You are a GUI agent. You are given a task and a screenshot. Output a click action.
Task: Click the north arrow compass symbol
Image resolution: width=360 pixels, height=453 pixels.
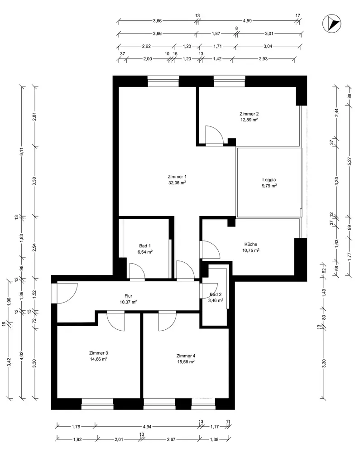coord(332,24)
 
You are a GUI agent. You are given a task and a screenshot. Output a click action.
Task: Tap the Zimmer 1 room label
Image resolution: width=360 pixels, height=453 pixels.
coord(177,177)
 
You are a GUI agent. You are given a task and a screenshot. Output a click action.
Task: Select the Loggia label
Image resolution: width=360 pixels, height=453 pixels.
coord(269,180)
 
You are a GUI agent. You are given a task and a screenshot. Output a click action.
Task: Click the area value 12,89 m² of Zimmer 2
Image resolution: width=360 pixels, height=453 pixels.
coord(249,120)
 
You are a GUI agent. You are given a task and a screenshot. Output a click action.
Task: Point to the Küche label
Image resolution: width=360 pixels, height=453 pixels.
coord(250,244)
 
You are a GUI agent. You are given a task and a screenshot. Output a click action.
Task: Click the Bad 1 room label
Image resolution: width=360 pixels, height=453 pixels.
coord(145,246)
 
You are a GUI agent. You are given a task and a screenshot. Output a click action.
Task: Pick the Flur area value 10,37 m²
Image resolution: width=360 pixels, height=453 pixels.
coord(128,302)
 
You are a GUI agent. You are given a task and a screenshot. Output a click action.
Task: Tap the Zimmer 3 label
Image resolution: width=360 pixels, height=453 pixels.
coord(98,353)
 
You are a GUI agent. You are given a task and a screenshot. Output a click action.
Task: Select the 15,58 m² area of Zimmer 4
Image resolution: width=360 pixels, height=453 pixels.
coord(186,361)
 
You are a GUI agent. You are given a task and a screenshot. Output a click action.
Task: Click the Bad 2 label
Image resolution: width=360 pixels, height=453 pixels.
coord(216,294)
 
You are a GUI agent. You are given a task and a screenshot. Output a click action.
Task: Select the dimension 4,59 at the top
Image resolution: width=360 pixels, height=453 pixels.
coord(247,21)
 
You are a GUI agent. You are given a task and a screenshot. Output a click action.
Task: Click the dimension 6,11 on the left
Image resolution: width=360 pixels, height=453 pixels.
coord(21,151)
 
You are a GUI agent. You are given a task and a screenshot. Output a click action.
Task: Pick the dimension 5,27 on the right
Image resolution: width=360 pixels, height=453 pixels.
coord(349,161)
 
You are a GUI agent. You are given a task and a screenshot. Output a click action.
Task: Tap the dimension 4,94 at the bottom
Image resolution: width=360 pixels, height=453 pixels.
coord(147,426)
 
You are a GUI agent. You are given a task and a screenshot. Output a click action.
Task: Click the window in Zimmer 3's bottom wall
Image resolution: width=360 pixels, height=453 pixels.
coord(97,404)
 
